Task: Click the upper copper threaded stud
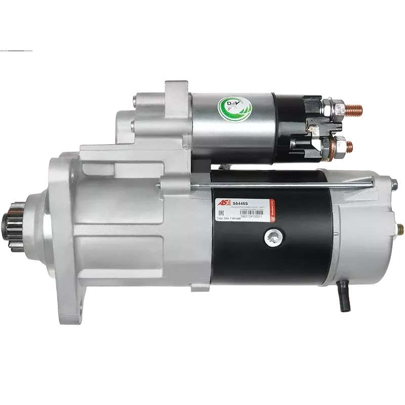[345, 108]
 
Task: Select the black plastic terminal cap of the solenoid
[294, 122]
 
